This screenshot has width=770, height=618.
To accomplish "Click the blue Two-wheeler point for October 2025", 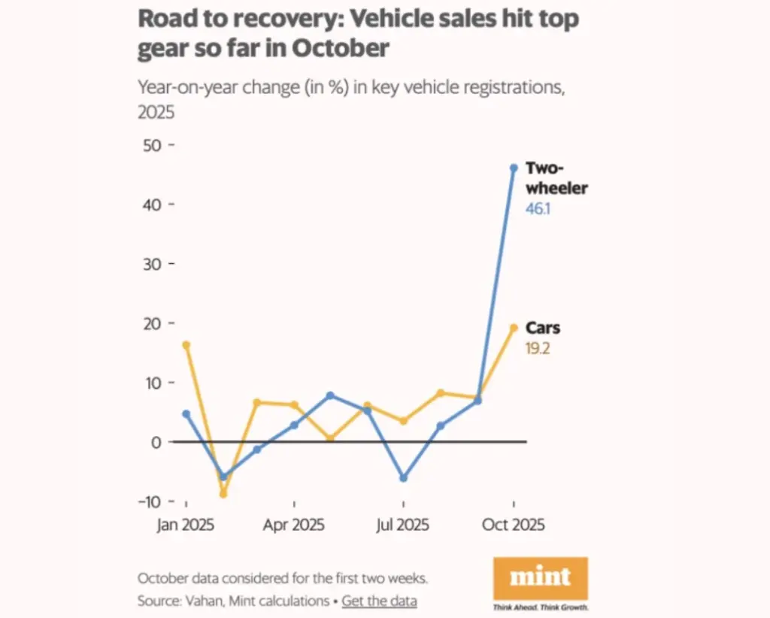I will (514, 168).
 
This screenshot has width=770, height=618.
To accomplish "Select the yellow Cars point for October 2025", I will (514, 328).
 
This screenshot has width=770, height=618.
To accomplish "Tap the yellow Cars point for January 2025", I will (186, 345).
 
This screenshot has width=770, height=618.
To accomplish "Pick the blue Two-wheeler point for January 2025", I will (186, 414).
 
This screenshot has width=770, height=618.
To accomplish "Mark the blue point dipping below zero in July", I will (404, 478).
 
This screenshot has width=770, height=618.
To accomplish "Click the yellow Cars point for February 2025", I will (223, 494).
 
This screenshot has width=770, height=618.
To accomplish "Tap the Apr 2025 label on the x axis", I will (294, 525).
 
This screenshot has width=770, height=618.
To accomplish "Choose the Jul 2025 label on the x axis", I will (404, 525).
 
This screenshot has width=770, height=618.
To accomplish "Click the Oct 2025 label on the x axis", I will (513, 525).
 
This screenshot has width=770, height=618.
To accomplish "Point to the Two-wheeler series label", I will (556, 178).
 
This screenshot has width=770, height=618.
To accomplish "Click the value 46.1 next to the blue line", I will (538, 209).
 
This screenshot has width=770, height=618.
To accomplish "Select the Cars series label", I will (542, 329).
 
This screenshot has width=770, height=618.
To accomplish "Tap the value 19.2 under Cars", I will (538, 349).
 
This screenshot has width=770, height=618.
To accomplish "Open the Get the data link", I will (379, 601).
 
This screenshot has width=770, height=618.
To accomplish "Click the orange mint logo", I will (540, 577).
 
